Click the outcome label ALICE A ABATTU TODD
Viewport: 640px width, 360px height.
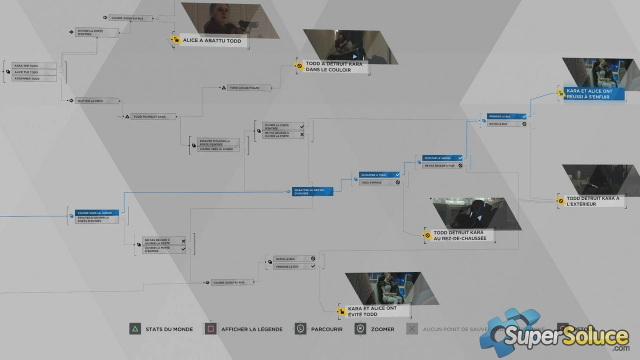coord(212,40)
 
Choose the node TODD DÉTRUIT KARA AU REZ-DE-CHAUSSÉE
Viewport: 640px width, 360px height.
coord(459,235)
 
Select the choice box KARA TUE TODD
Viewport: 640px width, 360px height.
coord(33,66)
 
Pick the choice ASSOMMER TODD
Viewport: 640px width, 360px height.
coord(33,78)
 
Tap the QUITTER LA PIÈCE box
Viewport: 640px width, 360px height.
coord(97,101)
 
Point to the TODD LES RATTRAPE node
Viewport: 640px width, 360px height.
coord(249,88)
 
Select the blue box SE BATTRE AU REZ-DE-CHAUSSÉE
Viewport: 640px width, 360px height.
coord(312,191)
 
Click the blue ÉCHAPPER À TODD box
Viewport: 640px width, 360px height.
coord(379,175)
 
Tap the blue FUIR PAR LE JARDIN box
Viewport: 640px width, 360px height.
coord(442,158)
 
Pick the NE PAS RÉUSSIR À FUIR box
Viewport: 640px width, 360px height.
coord(442,165)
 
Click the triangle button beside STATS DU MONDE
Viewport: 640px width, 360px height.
coord(135,329)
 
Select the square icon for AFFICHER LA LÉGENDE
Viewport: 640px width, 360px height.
coord(210,329)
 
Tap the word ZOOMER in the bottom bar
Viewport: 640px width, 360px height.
coord(382,329)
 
